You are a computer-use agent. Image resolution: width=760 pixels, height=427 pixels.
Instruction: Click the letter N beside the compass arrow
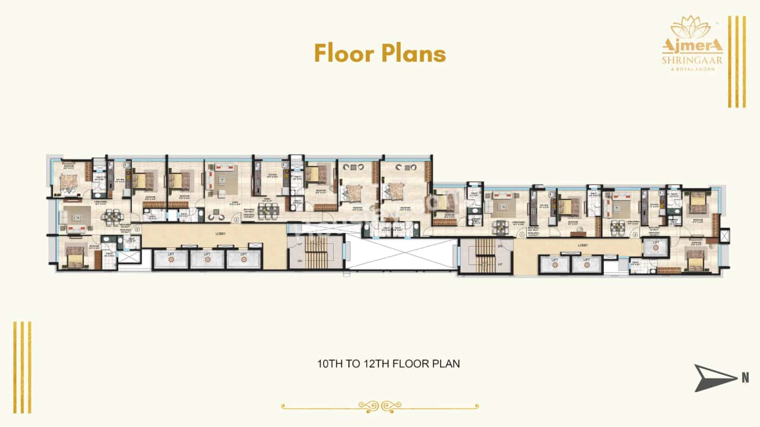tap(745, 377)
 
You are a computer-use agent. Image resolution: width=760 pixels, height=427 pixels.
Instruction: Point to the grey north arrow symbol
tap(714, 377)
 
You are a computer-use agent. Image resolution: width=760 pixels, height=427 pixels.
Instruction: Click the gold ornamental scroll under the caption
tap(380, 406)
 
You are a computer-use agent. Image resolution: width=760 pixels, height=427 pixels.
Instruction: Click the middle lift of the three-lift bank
tap(207, 259)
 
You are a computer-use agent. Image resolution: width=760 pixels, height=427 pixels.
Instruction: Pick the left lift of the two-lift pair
tap(555, 264)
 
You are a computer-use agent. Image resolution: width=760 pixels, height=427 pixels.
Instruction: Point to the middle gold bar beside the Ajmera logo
tap(737, 62)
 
